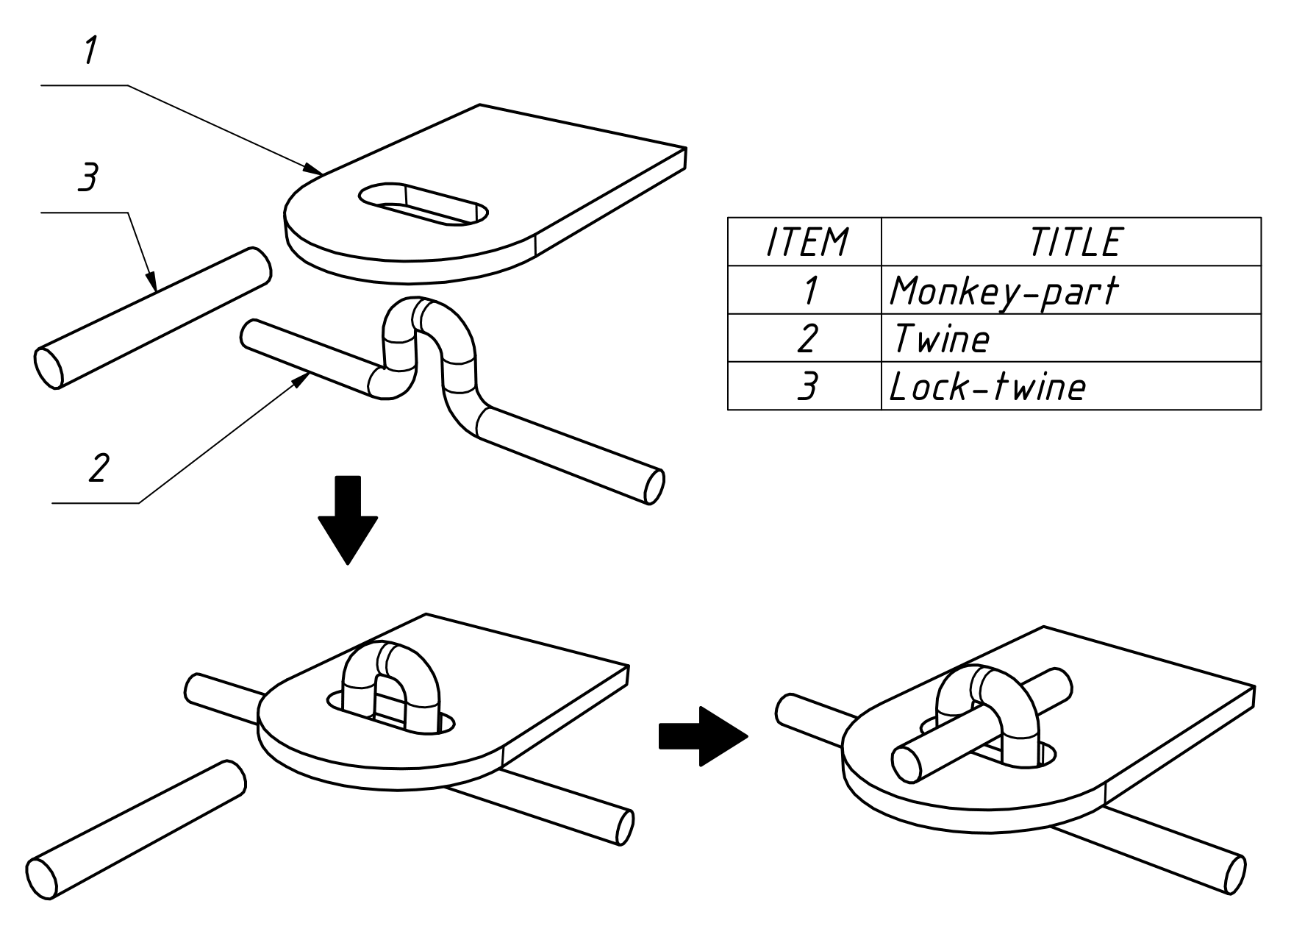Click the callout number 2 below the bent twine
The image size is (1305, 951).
[99, 468]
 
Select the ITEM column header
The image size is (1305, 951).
[807, 242]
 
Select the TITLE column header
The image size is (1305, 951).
[1075, 242]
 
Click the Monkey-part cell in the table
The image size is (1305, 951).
[1003, 291]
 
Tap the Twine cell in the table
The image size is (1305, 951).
[940, 339]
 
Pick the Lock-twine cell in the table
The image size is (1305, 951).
[987, 387]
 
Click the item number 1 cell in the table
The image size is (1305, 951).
[808, 291]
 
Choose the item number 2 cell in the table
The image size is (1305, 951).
[807, 338]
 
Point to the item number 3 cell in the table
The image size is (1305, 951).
[807, 387]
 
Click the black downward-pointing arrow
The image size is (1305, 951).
[348, 520]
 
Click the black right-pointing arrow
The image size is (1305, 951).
[703, 736]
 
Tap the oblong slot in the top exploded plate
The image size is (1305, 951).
[423, 204]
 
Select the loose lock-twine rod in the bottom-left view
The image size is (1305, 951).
[136, 830]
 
